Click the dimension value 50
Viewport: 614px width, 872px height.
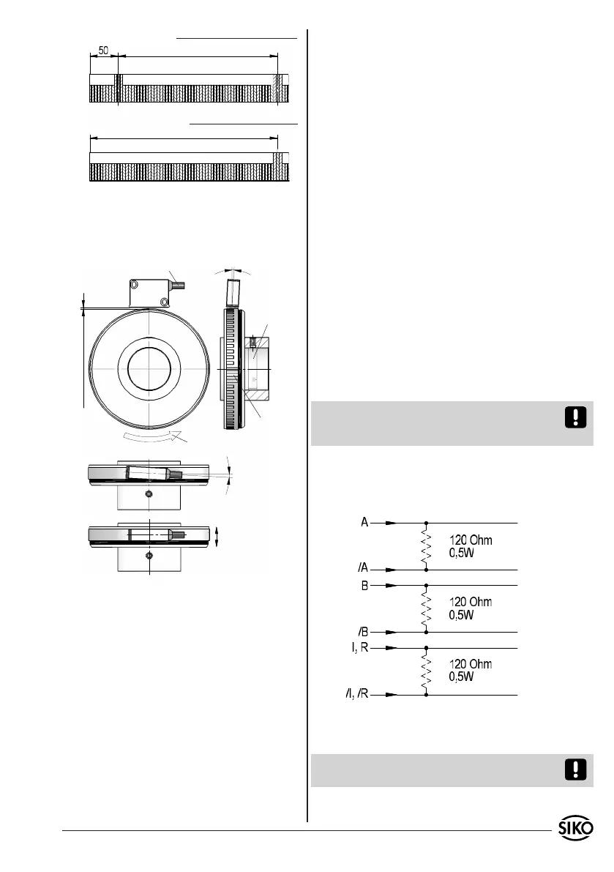tap(103, 50)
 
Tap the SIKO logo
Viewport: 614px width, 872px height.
tap(576, 828)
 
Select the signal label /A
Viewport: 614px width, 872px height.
tap(363, 568)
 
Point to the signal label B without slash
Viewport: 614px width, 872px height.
tap(364, 586)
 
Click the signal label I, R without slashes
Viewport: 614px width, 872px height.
tap(360, 647)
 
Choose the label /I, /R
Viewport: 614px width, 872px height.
tap(356, 694)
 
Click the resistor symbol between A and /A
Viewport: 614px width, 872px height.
tap(426, 547)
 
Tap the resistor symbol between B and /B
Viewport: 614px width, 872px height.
tap(426, 609)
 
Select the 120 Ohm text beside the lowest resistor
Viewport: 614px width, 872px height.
tap(471, 664)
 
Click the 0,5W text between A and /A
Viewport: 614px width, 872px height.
tap(462, 554)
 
